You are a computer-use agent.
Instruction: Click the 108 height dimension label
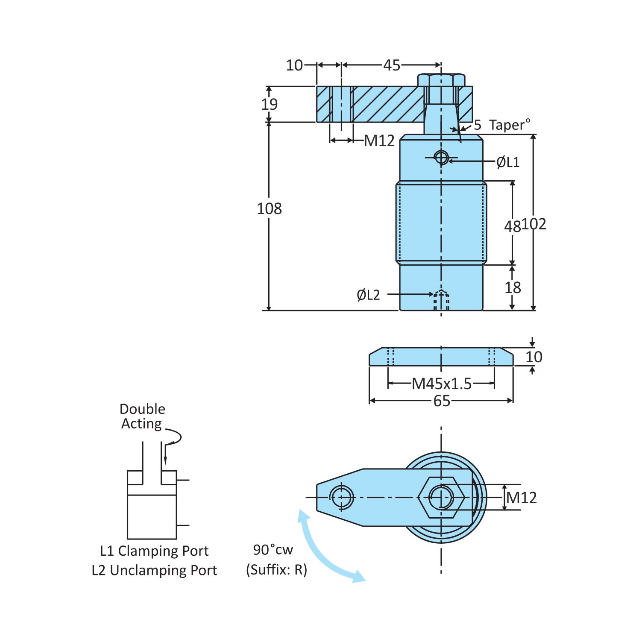(269, 209)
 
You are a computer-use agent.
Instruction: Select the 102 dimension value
(534, 224)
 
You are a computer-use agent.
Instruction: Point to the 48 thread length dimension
(512, 226)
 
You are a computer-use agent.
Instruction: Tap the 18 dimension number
(513, 288)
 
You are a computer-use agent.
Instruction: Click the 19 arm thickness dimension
(269, 104)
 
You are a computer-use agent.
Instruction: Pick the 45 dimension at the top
(391, 65)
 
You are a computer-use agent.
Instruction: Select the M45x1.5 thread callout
(442, 384)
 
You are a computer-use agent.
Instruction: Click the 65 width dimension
(442, 401)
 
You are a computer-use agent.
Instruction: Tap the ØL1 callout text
(508, 162)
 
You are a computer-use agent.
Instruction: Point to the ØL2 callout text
(368, 295)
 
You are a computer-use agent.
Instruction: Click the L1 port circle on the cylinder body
(441, 158)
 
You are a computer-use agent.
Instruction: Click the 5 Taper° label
(502, 125)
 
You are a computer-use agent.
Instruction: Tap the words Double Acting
(142, 416)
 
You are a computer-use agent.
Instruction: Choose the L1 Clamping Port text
(154, 551)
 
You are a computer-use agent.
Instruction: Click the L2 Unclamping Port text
(154, 571)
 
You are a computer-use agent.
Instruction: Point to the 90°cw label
(273, 550)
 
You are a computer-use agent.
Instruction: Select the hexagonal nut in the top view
(441, 497)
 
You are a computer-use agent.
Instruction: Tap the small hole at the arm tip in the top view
(341, 497)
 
